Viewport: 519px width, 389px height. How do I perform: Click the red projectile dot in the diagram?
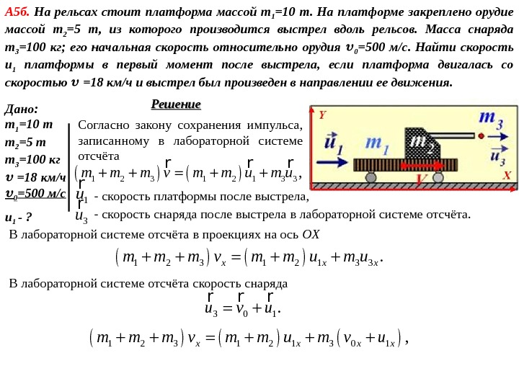480,135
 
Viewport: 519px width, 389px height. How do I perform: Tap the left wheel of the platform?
371,177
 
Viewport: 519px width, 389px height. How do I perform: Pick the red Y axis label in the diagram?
322,115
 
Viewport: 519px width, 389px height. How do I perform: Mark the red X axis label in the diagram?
507,176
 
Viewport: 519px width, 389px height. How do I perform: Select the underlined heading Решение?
176,104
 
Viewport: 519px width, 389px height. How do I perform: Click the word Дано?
21,109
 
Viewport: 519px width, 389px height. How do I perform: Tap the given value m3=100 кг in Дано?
32,159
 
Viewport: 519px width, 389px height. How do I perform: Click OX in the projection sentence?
310,235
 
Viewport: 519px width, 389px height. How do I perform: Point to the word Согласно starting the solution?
103,123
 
